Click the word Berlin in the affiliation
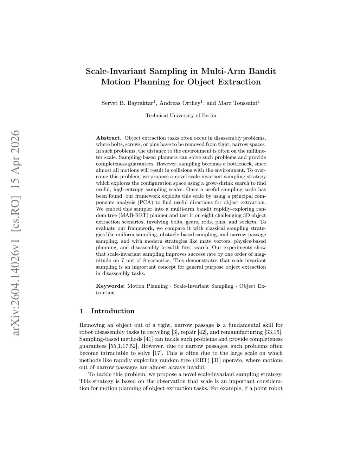click(209, 115)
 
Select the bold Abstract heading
click(109, 138)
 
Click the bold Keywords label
click(110, 286)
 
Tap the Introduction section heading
click(112, 311)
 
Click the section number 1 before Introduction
click(82, 311)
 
